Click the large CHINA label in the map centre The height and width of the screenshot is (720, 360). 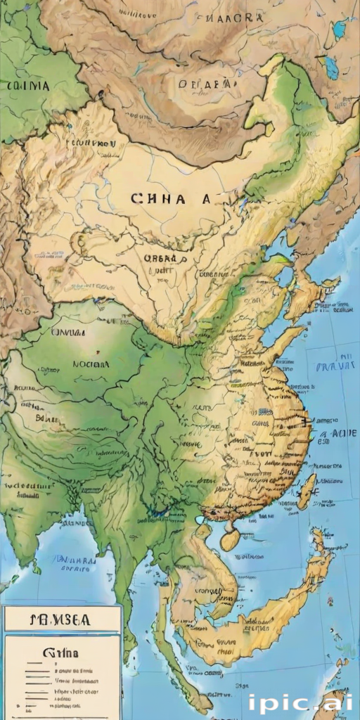pos(170,199)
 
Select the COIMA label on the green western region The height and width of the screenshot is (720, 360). pos(27,86)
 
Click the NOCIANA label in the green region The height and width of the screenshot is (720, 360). pos(91,365)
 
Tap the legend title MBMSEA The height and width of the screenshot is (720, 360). pos(61,619)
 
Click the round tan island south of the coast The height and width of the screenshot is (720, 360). pos(230,540)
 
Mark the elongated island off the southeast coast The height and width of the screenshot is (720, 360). pos(307,491)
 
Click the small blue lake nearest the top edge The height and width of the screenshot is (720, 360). pos(340,30)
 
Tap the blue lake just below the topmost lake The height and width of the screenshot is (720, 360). pos(330,67)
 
